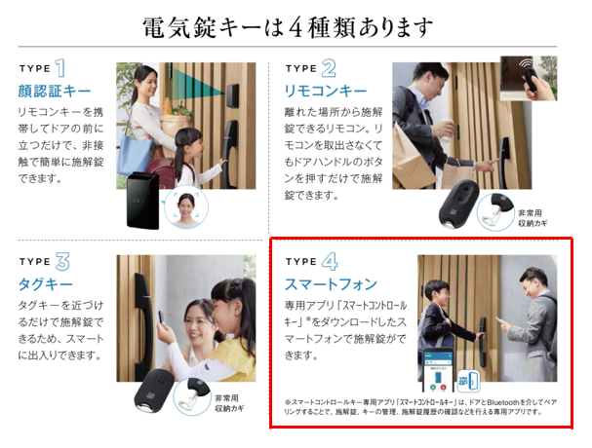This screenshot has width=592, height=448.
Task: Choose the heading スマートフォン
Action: pos(332,285)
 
